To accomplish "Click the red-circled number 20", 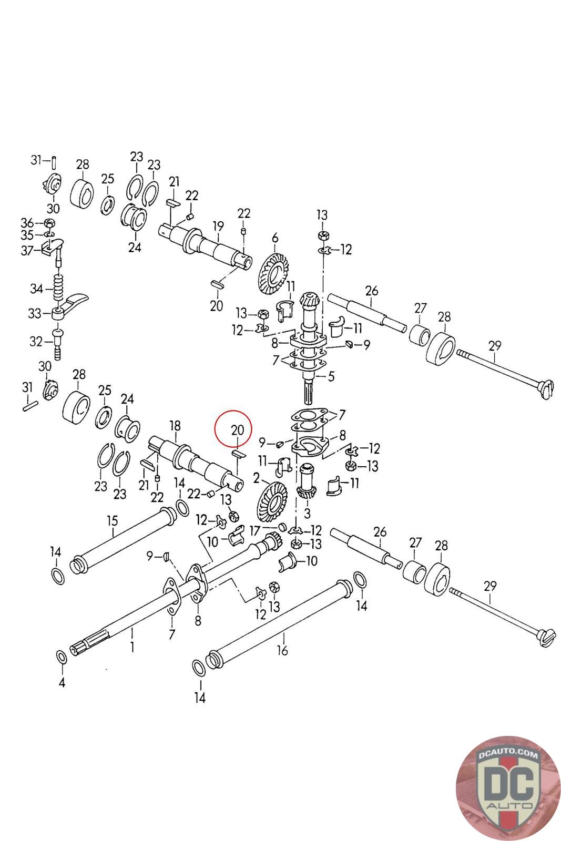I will (x=238, y=429).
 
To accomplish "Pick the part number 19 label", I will (x=218, y=227).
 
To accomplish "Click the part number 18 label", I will (x=175, y=426).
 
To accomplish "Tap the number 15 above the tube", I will (x=113, y=521).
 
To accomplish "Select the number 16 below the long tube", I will (x=282, y=650).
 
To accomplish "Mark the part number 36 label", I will (x=27, y=222).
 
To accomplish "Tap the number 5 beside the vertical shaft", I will (x=331, y=376).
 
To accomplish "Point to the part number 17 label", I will (x=254, y=531).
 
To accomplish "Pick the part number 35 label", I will (x=27, y=235).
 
